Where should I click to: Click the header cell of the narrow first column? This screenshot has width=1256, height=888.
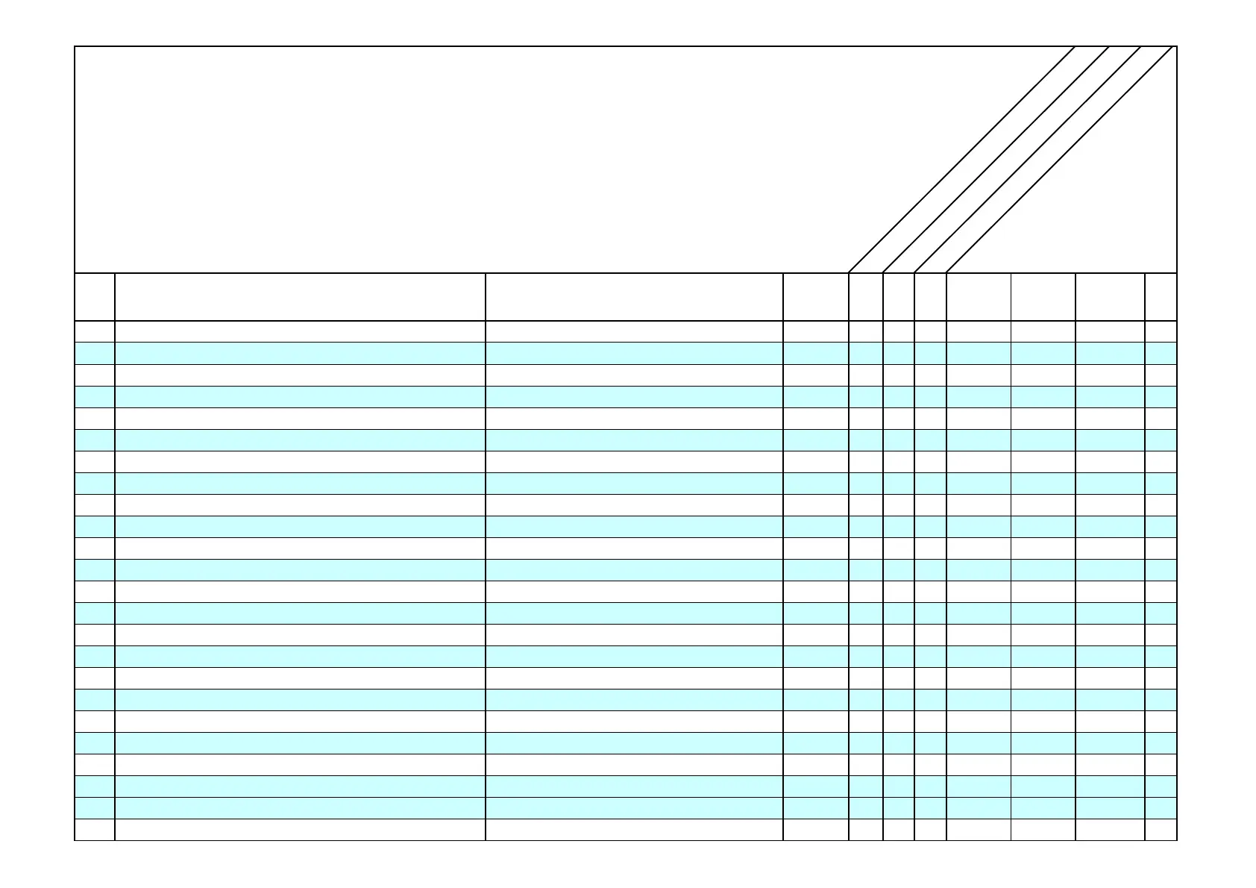95,297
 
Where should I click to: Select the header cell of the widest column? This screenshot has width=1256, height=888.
300,297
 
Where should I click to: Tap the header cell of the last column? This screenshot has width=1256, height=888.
1161,297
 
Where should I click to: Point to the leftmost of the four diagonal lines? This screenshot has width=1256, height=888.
961,160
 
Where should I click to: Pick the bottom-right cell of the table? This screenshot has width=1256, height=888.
1161,830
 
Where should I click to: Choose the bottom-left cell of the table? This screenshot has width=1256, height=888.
95,830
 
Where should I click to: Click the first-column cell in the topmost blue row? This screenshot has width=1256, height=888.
95,353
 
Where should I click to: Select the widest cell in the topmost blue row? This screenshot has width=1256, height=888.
300,353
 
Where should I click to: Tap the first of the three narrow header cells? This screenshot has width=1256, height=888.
866,297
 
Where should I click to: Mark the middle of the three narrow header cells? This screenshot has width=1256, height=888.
899,297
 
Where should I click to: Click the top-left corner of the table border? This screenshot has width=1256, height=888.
75,47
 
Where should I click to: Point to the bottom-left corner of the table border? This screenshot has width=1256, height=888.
75,840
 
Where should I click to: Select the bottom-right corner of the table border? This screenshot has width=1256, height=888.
1176,840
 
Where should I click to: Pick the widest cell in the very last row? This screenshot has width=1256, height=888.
300,830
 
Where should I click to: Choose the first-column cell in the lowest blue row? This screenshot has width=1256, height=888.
95,808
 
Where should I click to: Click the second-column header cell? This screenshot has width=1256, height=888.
300,297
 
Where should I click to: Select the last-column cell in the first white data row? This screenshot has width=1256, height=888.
1161,331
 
